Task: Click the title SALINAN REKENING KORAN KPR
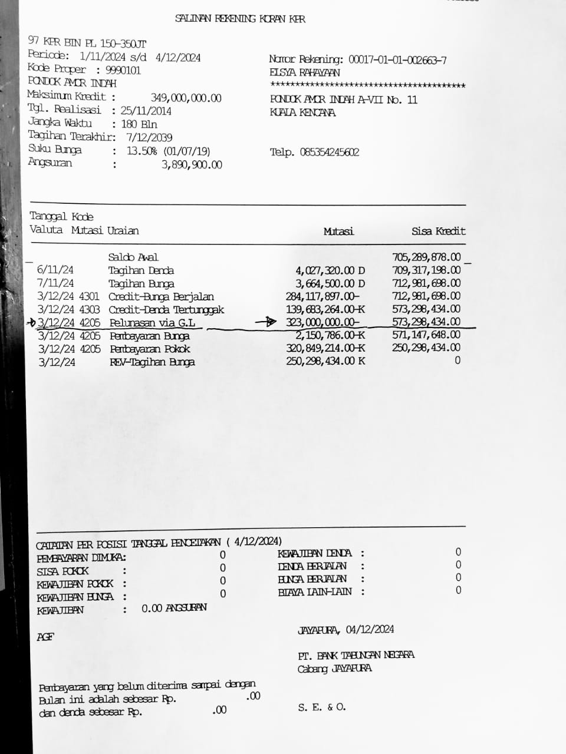click(240, 19)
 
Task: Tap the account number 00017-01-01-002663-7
click(397, 59)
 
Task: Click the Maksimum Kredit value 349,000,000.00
click(186, 98)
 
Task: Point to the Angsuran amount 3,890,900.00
click(192, 165)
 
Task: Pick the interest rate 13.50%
click(141, 151)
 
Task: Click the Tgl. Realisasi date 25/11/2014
click(146, 110)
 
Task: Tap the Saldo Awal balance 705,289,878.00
click(426, 257)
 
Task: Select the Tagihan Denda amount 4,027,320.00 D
click(330, 270)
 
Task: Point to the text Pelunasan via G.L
click(152, 323)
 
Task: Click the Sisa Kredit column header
click(438, 231)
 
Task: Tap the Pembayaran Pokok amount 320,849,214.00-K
click(325, 348)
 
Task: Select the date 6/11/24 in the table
click(55, 270)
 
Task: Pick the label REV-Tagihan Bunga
click(152, 362)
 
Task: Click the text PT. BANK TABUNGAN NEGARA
click(356, 655)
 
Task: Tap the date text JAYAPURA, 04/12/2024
click(345, 630)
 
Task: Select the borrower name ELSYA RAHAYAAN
click(305, 73)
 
